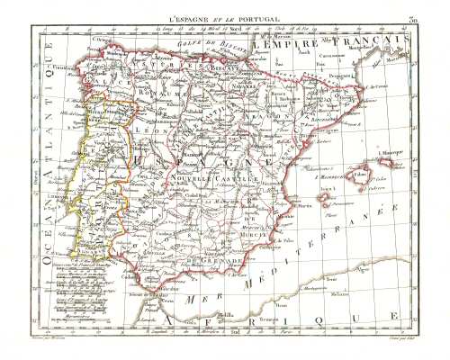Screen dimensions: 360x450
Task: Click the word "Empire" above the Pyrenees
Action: coord(287,43)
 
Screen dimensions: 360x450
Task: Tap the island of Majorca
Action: coord(361,175)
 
